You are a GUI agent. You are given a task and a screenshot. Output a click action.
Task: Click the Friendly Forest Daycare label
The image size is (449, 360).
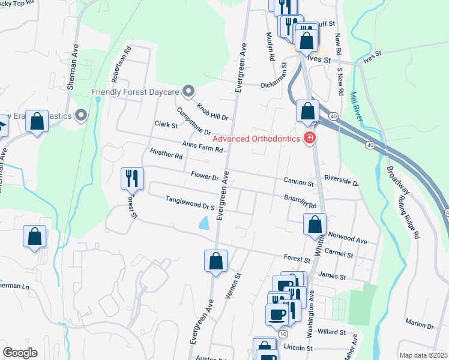(x=136, y=92)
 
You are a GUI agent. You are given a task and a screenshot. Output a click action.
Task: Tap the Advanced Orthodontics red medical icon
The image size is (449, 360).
(x=310, y=139)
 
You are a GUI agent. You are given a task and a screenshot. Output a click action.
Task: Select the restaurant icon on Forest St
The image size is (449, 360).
(x=132, y=178)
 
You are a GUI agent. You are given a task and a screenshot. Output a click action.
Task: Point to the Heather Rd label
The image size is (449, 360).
(x=166, y=154)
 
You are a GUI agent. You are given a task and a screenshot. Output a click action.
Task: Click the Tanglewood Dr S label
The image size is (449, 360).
(x=190, y=203)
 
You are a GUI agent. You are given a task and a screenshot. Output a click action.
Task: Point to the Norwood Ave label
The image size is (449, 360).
(x=352, y=240)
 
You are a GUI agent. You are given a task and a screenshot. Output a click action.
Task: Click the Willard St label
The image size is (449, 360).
(x=332, y=332)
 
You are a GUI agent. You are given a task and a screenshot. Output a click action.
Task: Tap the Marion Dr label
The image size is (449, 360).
(x=420, y=325)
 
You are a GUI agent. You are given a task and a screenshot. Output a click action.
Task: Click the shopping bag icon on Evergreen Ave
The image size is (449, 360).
(x=215, y=262)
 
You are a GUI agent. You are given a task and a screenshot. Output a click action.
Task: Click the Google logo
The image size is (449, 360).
(x=20, y=353)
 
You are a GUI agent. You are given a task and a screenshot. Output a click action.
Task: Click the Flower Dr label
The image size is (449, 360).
(x=205, y=177)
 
